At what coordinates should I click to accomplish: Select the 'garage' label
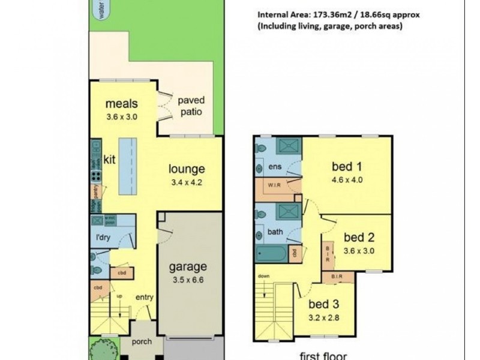188,267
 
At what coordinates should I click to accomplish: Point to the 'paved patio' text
192,106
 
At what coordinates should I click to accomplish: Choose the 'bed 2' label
359,239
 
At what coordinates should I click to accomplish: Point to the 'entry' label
145,297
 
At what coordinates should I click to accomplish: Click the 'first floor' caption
323,355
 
